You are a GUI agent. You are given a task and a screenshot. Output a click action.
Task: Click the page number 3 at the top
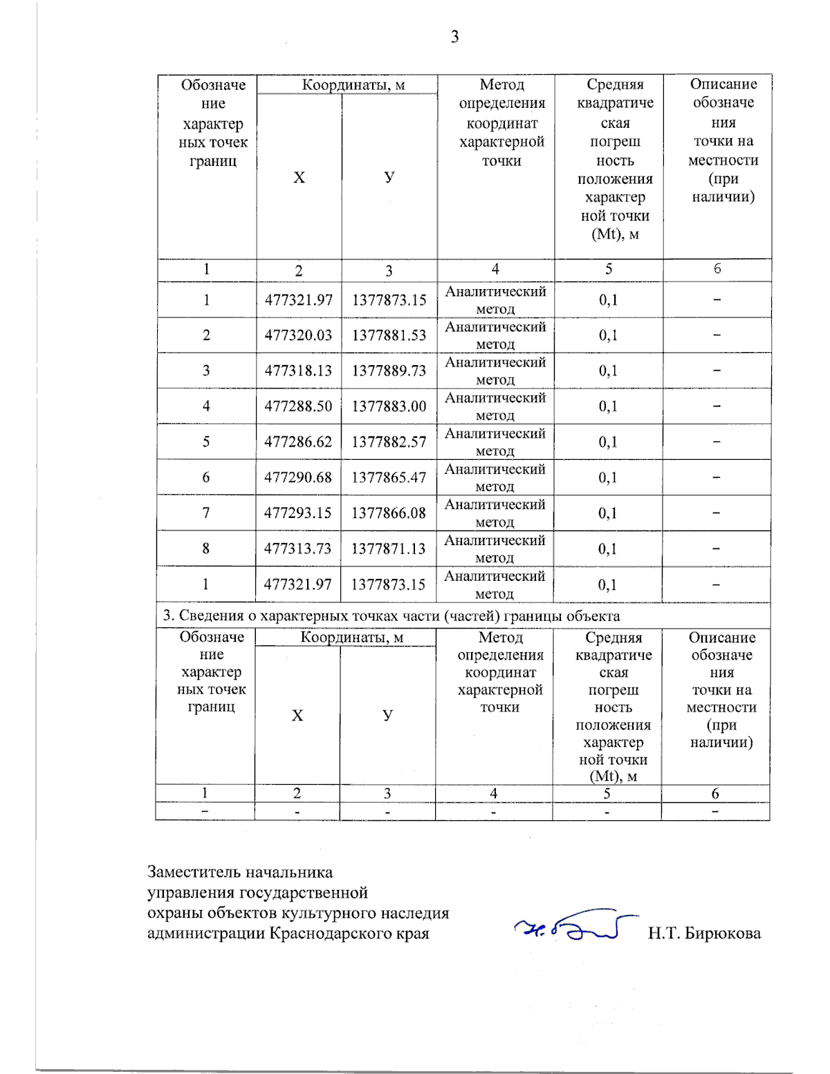pyautogui.click(x=454, y=37)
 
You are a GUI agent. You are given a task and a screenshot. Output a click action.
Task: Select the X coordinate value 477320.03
pyautogui.click(x=298, y=335)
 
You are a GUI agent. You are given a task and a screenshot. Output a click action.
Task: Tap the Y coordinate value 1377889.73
pyautogui.click(x=389, y=371)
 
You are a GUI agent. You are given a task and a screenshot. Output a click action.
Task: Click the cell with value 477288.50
pyautogui.click(x=298, y=407)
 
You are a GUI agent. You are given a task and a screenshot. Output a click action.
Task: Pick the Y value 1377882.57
pyautogui.click(x=389, y=442)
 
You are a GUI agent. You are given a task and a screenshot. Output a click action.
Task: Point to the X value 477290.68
pyautogui.click(x=298, y=478)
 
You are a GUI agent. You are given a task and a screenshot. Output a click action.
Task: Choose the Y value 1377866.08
pyautogui.click(x=388, y=513)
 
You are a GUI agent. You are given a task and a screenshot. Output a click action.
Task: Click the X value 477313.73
pyautogui.click(x=297, y=549)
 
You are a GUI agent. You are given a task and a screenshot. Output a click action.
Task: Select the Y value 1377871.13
pyautogui.click(x=388, y=549)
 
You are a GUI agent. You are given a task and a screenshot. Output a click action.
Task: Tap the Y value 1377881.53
pyautogui.click(x=389, y=335)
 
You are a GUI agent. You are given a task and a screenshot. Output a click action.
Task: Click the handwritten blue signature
pyautogui.click(x=574, y=927)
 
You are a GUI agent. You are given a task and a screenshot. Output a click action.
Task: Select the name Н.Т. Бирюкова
pyautogui.click(x=704, y=934)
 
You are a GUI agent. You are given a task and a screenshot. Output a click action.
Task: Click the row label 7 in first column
pyautogui.click(x=205, y=513)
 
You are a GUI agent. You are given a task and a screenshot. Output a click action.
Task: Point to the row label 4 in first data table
pyautogui.click(x=206, y=407)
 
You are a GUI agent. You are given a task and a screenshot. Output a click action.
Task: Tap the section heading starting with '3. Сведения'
pyautogui.click(x=391, y=616)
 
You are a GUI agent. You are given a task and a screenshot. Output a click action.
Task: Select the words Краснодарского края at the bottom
pyautogui.click(x=349, y=934)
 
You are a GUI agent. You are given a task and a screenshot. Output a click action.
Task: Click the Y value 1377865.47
pyautogui.click(x=389, y=478)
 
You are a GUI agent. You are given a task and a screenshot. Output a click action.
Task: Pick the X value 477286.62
pyautogui.click(x=298, y=442)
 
